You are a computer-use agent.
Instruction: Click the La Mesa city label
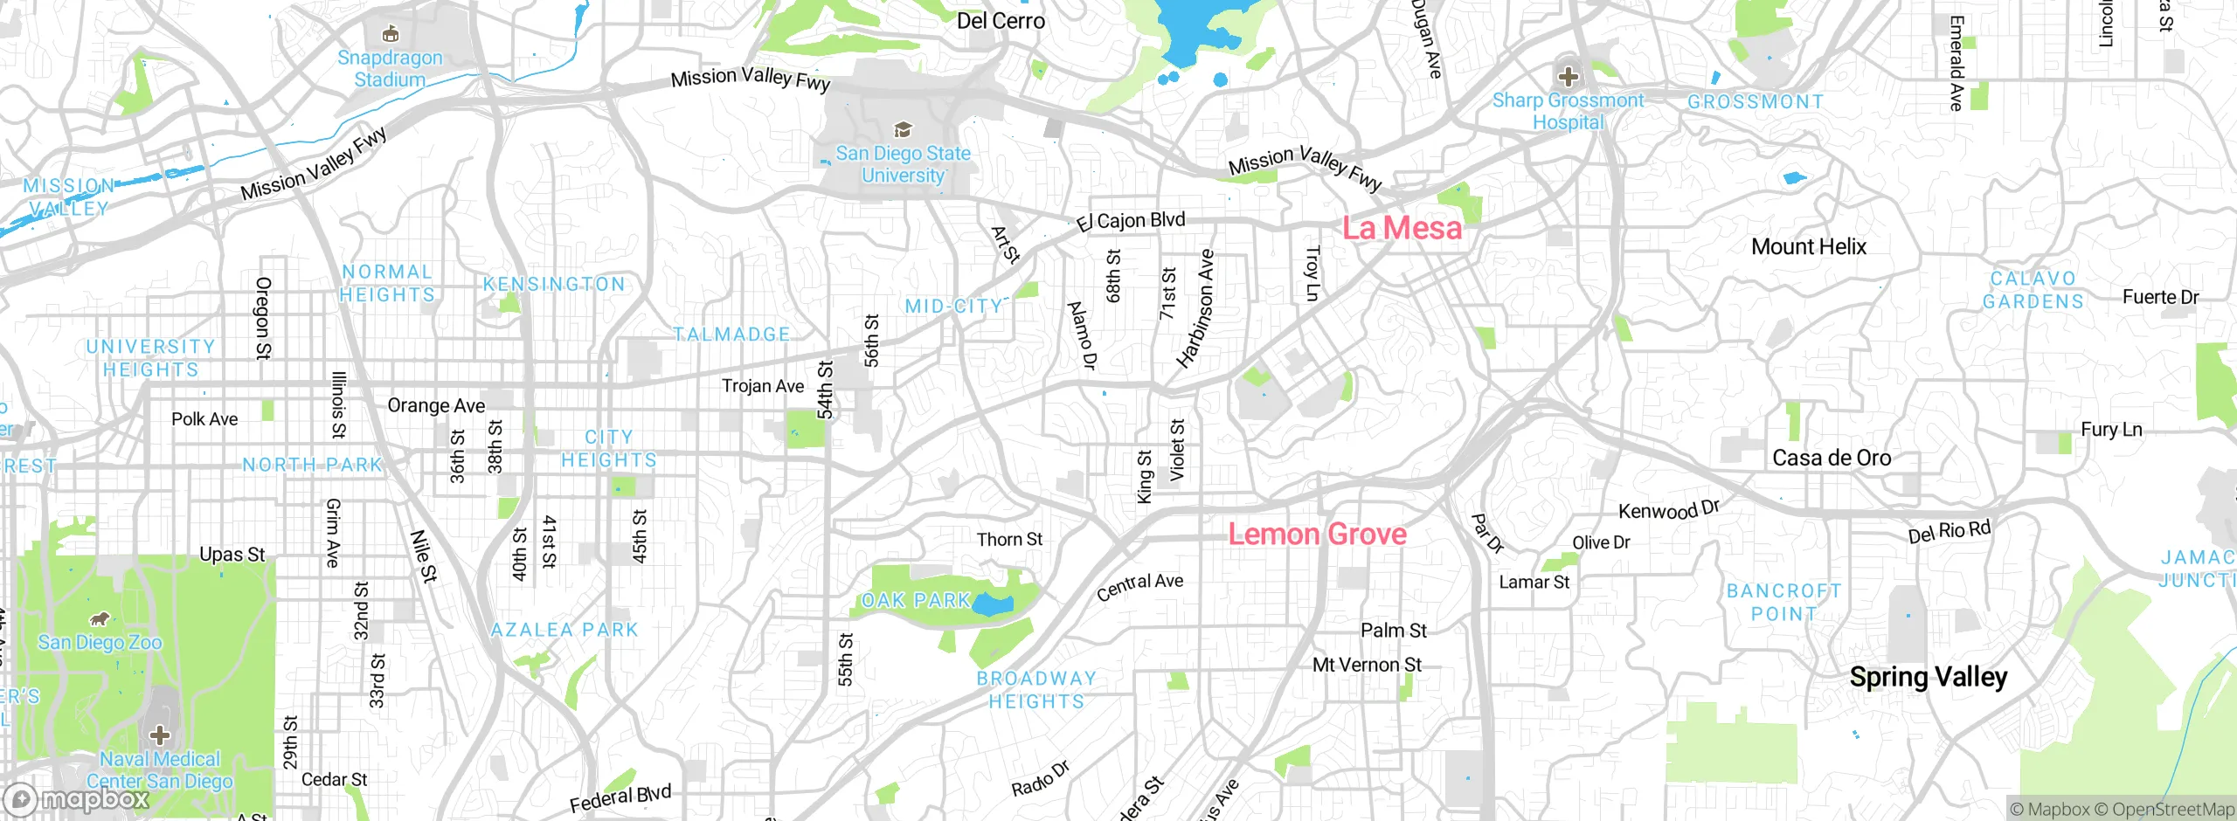point(1402,228)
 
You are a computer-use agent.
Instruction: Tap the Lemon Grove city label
point(1317,534)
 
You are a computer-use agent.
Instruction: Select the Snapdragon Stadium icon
point(391,34)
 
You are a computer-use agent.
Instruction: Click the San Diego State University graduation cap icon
point(903,130)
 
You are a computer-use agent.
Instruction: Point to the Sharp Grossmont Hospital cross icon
point(1568,76)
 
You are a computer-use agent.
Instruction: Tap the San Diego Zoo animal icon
point(100,619)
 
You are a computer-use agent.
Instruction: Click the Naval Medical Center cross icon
point(159,735)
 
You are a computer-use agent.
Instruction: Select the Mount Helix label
point(1808,247)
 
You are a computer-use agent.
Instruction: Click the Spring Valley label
point(1928,677)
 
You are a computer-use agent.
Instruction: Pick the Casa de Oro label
point(1831,459)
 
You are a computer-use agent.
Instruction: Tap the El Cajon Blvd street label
point(1131,221)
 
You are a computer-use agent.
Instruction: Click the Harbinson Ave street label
point(1195,308)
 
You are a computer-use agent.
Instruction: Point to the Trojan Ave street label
point(762,386)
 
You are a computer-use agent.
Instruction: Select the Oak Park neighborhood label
point(916,601)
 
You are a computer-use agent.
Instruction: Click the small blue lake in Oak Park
point(993,604)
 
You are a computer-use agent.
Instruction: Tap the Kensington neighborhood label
point(554,285)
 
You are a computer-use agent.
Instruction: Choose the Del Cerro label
point(1001,21)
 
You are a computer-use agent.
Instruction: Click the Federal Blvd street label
point(620,798)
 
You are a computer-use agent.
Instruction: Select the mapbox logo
point(77,799)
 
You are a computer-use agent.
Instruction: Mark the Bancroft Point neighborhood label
point(1783,603)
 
